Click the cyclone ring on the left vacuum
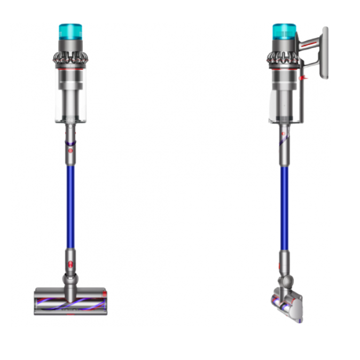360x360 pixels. point(71,59)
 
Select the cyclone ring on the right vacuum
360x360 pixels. point(281,59)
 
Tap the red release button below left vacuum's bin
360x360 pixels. point(70,151)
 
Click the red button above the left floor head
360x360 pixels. point(70,264)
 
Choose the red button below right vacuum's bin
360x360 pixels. point(281,142)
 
